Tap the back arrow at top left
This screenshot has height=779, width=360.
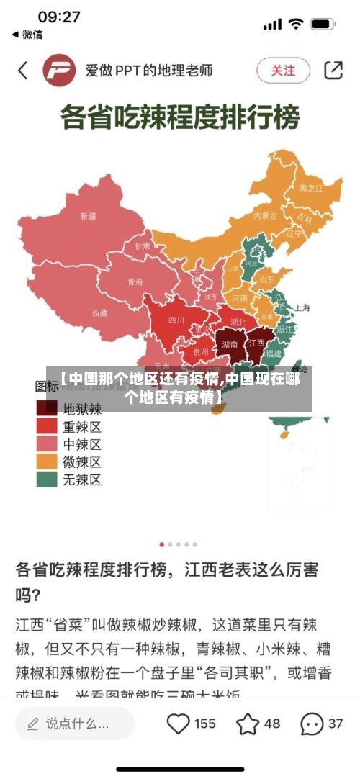tap(23, 70)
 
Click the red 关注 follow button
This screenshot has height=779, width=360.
tap(283, 71)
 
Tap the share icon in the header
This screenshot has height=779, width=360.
tap(333, 70)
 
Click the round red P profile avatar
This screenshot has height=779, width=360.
tap(60, 71)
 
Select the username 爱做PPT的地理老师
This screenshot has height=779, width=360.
tap(149, 71)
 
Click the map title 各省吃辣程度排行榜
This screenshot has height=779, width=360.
tap(179, 117)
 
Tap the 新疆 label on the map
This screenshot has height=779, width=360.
tap(88, 215)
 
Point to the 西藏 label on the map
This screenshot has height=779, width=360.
tap(99, 312)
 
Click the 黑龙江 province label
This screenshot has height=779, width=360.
tap(311, 187)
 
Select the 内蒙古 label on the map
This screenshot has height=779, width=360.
tap(265, 215)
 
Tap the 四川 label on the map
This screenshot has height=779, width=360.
tap(176, 320)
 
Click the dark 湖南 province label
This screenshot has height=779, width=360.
tap(230, 344)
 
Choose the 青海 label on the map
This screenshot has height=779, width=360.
tap(135, 282)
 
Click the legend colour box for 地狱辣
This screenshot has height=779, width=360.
tap(48, 408)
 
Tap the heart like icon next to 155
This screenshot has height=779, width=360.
tap(178, 723)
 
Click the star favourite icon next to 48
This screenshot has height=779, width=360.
tap(248, 723)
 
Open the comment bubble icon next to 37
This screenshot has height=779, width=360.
tap(311, 723)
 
